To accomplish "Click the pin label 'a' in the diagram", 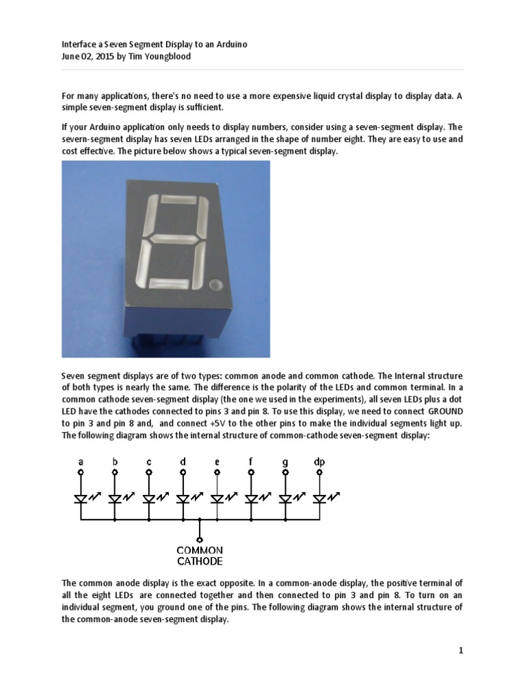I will pos(81,462).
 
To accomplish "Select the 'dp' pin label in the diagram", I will pos(319,462).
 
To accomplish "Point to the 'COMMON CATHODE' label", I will pos(200,556).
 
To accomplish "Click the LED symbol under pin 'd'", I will pos(183,499).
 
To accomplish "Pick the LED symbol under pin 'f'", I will pos(251,499).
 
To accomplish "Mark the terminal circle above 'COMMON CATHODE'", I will pos(200,539).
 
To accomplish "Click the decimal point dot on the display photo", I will pos(217,284).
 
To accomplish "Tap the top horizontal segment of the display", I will pos(177,200).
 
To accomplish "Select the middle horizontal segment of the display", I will pos(175,239).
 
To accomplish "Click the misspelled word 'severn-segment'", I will pos(92,139).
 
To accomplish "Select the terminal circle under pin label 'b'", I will pos(115,472).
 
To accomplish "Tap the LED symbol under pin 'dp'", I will pos(319,499).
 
